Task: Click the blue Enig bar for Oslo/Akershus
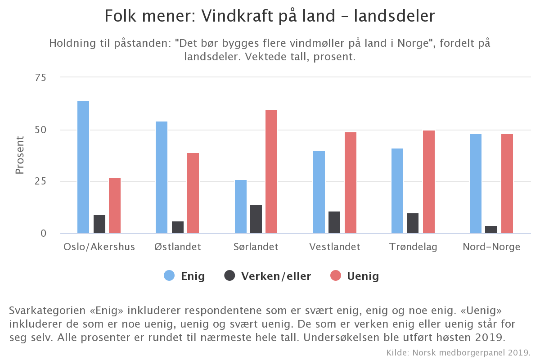(83, 167)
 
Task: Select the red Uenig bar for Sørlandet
(271, 171)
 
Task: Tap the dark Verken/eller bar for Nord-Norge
(491, 229)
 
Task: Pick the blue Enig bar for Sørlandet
(241, 207)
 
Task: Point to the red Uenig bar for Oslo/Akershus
(115, 206)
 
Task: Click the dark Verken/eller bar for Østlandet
(178, 227)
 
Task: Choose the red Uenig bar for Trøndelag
(429, 182)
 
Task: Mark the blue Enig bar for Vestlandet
(319, 192)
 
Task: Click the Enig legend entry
(184, 276)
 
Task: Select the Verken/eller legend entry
(267, 276)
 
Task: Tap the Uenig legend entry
(355, 276)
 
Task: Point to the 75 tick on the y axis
(40, 77)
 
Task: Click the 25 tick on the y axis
(40, 181)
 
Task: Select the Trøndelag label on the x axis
(413, 247)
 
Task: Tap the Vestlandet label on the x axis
(335, 247)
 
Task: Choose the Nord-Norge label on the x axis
(491, 247)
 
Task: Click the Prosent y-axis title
(20, 155)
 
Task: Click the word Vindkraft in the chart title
(234, 16)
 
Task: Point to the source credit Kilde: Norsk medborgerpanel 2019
(459, 351)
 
